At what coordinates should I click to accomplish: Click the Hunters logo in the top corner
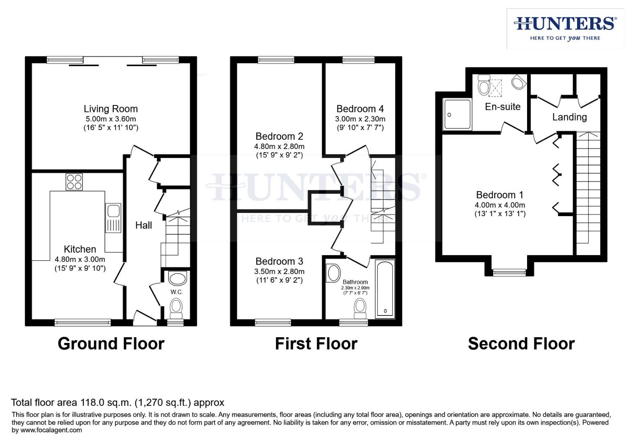(x=565, y=28)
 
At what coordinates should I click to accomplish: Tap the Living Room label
(x=111, y=109)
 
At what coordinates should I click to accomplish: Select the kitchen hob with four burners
(x=74, y=182)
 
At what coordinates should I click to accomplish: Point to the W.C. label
(x=177, y=292)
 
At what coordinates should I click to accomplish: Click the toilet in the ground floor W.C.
(x=176, y=308)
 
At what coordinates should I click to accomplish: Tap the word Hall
(x=143, y=225)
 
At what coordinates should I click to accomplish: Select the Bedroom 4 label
(x=360, y=109)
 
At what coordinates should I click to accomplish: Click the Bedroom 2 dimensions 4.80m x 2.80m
(x=279, y=146)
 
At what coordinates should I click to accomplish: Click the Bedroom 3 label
(x=279, y=261)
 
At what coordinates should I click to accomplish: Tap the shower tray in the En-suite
(x=457, y=114)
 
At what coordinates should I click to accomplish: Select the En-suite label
(x=502, y=107)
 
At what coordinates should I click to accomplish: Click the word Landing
(x=569, y=117)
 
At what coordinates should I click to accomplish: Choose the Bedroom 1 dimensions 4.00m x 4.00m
(x=500, y=205)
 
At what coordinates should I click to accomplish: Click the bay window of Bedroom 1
(x=509, y=271)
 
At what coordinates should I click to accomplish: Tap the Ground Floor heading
(x=111, y=343)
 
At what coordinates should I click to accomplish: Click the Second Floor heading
(x=521, y=343)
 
